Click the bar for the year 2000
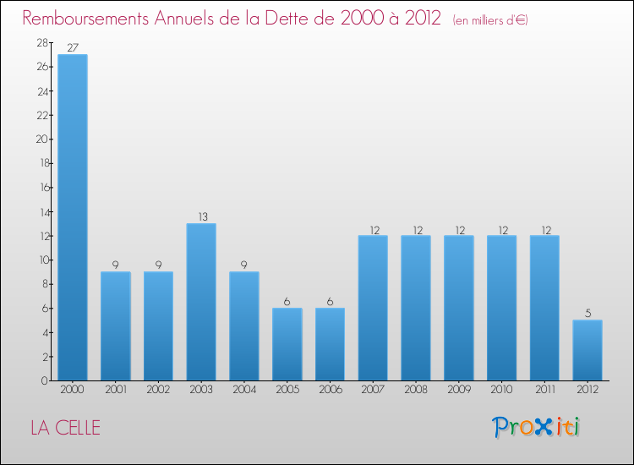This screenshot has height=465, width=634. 72,217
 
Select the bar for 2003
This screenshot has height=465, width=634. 201,302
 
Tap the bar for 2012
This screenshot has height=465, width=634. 588,350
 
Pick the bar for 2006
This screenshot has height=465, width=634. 330,344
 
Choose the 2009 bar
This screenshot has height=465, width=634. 459,308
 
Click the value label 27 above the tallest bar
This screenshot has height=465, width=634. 72,47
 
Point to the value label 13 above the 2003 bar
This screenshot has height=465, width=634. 201,216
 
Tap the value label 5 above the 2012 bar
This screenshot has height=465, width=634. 588,313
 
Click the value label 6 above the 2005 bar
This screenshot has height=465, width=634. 287,301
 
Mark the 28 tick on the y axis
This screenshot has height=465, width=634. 41,42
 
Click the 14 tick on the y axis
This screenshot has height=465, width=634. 41,211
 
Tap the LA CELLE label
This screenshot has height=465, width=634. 65,428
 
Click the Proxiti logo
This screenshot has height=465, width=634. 537,427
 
